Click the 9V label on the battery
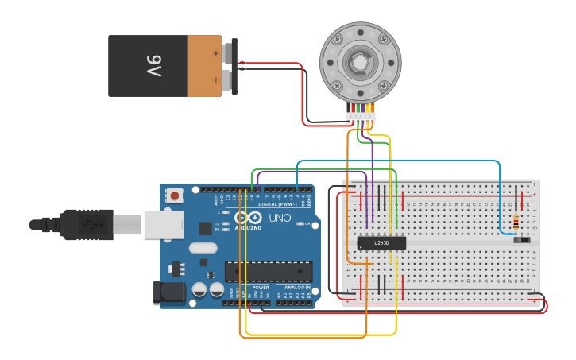[153, 66]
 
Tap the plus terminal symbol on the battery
[215, 53]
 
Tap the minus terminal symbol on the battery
[215, 79]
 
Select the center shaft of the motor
[360, 62]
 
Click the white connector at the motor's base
[361, 118]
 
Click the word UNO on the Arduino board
[280, 217]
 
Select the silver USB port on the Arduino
[163, 224]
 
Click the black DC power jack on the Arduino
[172, 292]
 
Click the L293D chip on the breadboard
[381, 242]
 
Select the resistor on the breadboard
[517, 221]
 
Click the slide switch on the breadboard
[522, 238]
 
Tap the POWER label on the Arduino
[260, 288]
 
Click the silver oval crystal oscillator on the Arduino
[203, 247]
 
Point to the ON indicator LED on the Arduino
[300, 224]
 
